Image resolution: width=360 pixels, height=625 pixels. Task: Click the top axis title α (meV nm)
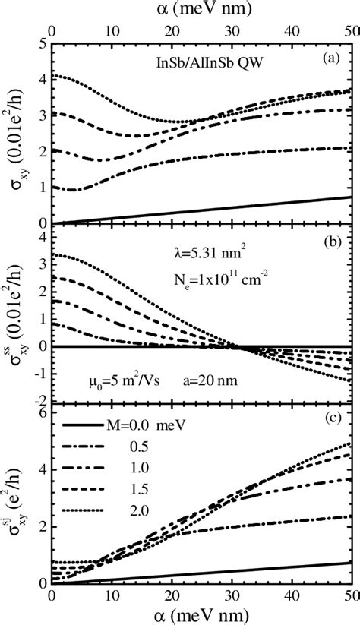194,10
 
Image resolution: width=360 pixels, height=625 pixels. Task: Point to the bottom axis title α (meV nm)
194,614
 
